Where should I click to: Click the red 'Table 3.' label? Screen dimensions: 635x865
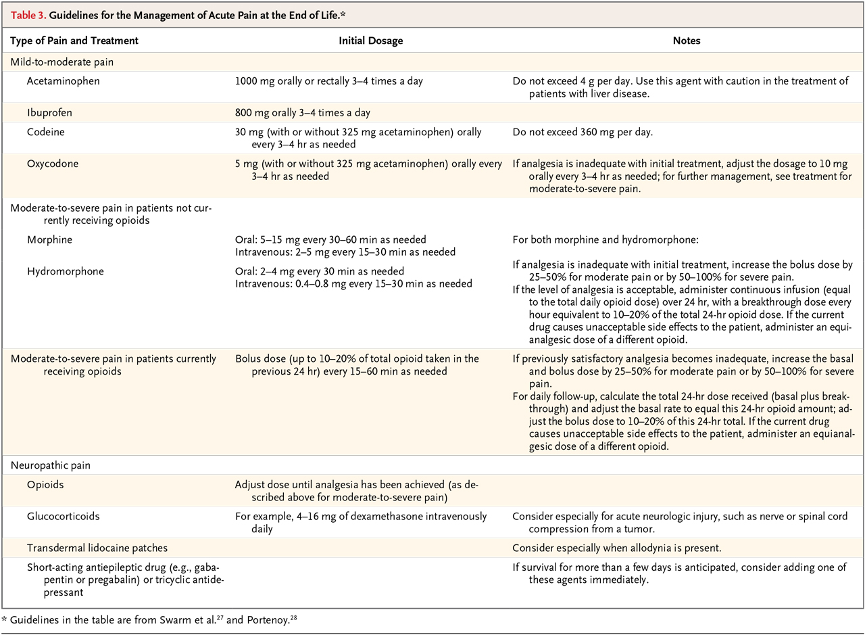pos(29,14)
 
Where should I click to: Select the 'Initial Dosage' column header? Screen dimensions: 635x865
pos(370,41)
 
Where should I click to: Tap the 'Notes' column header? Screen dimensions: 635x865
pos(687,41)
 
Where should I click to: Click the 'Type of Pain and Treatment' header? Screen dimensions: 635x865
pos(74,41)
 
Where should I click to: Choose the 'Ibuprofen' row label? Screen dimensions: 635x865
pos(49,112)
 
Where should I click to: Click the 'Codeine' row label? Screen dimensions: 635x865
pos(46,133)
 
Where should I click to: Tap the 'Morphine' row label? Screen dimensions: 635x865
pos(49,240)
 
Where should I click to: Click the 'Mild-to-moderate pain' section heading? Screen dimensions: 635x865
pos(60,62)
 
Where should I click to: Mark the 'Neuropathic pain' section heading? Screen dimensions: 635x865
pos(49,467)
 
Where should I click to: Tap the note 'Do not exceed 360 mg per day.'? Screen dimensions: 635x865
pos(583,133)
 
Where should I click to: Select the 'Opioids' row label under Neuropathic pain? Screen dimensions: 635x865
pos(46,486)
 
